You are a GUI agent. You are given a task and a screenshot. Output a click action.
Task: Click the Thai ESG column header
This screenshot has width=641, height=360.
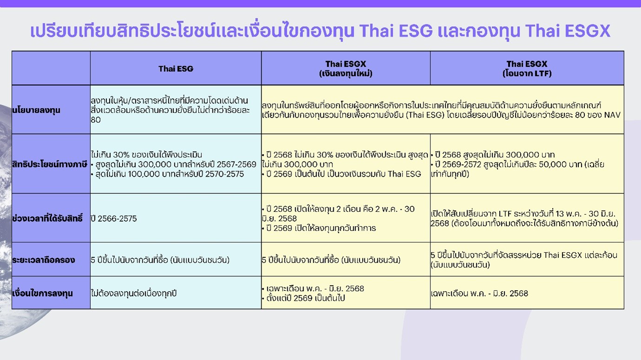176,69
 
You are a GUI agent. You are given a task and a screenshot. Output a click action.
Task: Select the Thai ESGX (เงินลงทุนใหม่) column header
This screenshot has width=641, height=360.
346,69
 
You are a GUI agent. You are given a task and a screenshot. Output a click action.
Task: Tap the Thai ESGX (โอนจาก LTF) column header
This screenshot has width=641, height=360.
527,69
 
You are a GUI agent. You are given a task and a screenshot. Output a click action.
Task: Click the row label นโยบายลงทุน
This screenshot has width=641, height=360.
36,110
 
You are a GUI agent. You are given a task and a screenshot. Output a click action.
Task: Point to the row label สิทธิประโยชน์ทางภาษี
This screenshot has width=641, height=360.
50,164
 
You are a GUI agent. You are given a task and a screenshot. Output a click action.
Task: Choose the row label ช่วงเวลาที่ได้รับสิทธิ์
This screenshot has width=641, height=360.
47,218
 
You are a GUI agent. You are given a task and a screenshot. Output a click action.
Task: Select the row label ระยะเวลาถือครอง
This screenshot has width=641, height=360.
44,260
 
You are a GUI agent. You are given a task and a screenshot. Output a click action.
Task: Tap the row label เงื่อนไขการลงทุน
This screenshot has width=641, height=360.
42,293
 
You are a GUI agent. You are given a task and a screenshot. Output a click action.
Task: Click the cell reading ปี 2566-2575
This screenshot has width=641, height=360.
114,218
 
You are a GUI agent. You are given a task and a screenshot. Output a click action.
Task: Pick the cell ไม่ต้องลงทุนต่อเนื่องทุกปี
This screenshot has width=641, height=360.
133,293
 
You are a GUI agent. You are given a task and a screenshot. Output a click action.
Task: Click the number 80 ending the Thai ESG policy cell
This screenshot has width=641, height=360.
96,120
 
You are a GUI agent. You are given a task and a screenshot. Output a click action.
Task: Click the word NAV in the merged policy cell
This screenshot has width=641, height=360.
612,115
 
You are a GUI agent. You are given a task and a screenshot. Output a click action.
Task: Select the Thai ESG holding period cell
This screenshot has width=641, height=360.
160,260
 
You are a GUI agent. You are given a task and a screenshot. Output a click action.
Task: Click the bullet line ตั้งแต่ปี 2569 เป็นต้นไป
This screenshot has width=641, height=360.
304,298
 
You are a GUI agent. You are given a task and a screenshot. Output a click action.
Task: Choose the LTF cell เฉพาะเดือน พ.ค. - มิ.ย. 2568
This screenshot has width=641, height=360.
479,294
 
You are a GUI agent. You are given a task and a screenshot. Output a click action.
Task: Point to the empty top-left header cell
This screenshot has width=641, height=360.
51,68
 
